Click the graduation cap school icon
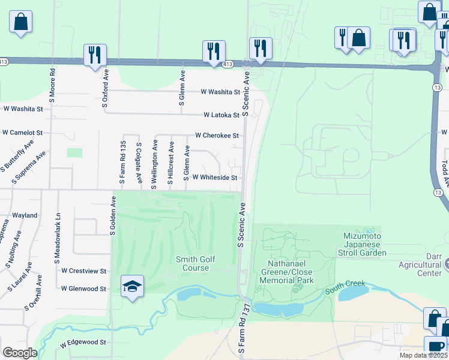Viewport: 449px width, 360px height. point(133,285)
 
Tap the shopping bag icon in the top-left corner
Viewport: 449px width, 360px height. point(20,22)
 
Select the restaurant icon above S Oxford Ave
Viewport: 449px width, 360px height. point(95,55)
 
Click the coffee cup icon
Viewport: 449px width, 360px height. point(435,347)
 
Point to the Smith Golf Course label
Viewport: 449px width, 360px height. point(195,263)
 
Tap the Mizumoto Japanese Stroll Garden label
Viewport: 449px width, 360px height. point(364,244)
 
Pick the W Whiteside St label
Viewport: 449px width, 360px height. point(215,178)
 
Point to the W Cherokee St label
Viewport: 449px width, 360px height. point(217,136)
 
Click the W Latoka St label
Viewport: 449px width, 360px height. point(221,115)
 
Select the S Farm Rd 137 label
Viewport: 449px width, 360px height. point(244,327)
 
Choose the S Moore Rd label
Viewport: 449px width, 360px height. point(53,79)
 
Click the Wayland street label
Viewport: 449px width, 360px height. point(25,215)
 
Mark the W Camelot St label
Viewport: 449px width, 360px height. point(22,132)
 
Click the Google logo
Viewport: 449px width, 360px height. point(20,352)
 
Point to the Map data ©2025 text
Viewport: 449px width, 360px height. point(423,355)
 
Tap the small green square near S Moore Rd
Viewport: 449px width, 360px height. point(75,152)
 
